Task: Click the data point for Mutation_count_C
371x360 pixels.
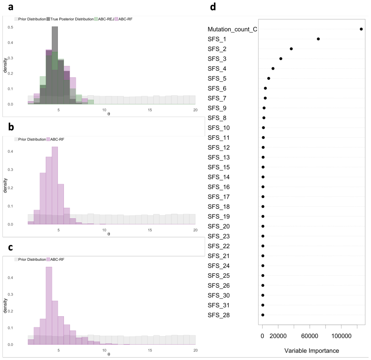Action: click(x=361, y=29)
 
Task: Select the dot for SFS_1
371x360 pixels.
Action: click(x=318, y=39)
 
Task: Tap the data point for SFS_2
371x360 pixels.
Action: click(x=291, y=49)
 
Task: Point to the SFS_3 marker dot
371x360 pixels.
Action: click(x=281, y=58)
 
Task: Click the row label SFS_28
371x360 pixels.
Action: click(x=218, y=315)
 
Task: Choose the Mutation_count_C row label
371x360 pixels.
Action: click(x=232, y=30)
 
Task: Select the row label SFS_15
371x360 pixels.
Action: click(x=218, y=167)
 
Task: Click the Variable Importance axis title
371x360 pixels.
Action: click(x=312, y=351)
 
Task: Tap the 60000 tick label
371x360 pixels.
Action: click(x=310, y=336)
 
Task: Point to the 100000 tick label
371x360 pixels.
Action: click(x=341, y=336)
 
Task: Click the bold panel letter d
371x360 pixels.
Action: click(x=213, y=6)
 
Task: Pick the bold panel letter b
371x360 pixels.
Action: click(x=11, y=127)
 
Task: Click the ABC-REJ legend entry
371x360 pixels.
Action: click(x=104, y=19)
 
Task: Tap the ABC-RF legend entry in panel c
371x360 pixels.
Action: click(x=55, y=259)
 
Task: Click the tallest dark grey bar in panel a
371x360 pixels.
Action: click(x=55, y=65)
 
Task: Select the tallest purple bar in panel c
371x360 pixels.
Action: click(x=49, y=305)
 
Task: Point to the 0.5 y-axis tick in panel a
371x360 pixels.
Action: click(x=11, y=27)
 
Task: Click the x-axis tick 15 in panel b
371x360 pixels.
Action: click(x=150, y=230)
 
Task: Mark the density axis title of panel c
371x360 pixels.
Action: click(x=5, y=305)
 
